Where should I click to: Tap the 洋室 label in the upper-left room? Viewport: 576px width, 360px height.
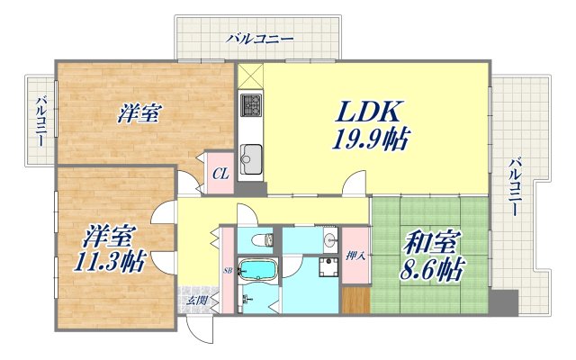[139, 114]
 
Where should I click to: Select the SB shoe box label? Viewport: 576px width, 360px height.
[228, 270]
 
